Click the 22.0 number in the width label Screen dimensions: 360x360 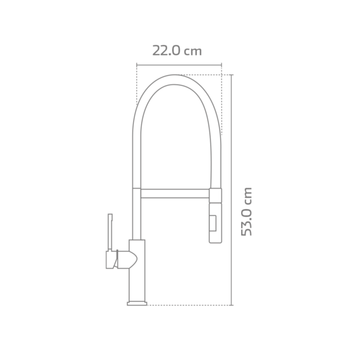click(x=166, y=50)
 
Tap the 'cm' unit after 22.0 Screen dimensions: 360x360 click(x=193, y=51)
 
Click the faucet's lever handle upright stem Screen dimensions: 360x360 click(x=110, y=231)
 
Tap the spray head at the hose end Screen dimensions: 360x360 click(x=215, y=223)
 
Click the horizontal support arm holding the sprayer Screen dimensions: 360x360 click(x=175, y=193)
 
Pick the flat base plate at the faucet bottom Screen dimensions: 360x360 click(x=137, y=304)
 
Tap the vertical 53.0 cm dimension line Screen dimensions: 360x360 click(x=232, y=180)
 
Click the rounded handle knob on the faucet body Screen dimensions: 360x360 click(x=128, y=259)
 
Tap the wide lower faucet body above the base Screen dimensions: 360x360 click(x=137, y=276)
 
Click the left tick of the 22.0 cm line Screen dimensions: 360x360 click(x=137, y=64)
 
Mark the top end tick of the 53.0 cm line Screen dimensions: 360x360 click(x=232, y=74)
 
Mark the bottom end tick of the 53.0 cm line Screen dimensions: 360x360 click(x=232, y=305)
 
